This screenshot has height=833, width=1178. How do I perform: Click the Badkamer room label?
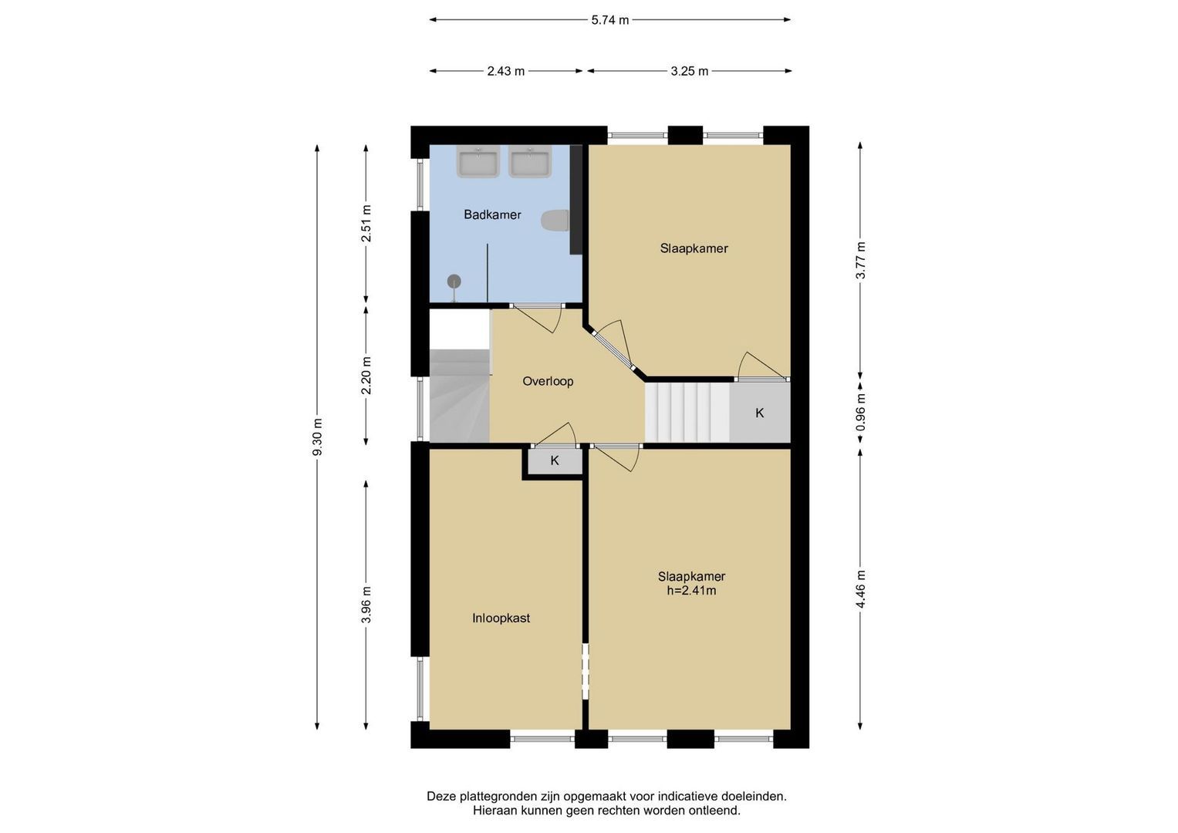tap(492, 214)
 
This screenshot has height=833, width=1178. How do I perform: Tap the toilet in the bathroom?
tap(555, 221)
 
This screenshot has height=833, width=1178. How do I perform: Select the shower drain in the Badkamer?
tap(454, 282)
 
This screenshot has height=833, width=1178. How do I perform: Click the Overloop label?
tap(548, 381)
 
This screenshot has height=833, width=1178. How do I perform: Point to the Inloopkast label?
tap(501, 618)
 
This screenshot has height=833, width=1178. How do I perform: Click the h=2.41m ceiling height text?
tap(691, 591)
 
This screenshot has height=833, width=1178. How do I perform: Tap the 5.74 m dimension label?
tap(610, 20)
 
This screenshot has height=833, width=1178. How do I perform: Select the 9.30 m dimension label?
tap(317, 437)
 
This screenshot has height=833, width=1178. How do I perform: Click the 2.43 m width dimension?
tap(506, 71)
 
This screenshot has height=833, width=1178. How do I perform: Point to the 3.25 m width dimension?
tap(690, 71)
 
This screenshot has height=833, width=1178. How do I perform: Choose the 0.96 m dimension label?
tap(860, 413)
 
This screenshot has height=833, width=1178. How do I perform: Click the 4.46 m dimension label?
tap(860, 589)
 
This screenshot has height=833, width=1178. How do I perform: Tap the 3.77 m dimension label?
tap(860, 261)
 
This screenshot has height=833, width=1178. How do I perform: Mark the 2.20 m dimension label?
tap(366, 376)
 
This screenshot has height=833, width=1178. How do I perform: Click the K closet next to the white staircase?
tap(759, 413)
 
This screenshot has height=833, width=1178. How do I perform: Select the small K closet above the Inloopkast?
tap(555, 461)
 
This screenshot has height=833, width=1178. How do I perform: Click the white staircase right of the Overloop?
tap(687, 413)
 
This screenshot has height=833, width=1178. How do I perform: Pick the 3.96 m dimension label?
tap(366, 605)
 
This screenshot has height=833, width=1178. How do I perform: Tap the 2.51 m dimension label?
tap(366, 224)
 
